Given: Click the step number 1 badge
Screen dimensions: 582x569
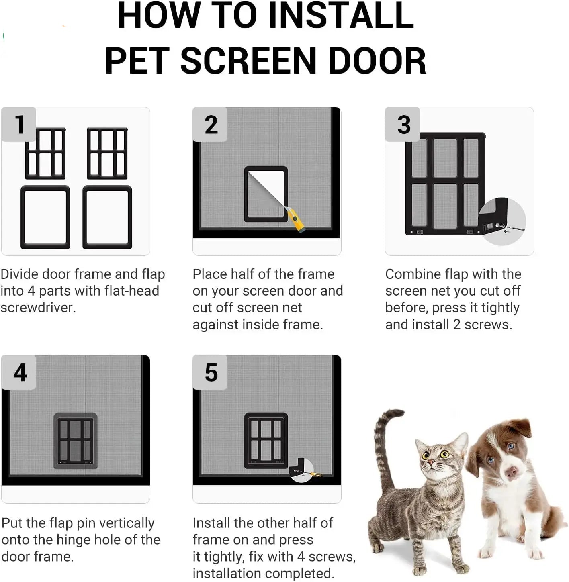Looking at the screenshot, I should click(19, 124).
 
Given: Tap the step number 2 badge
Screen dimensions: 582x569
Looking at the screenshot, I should click(211, 125).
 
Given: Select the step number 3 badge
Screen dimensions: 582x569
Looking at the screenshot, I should click(403, 125).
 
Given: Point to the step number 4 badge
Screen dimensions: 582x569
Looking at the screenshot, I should click(19, 372).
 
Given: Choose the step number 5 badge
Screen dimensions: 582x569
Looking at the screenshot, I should click(211, 372).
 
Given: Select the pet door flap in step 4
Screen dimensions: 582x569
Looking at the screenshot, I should click(75, 441).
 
